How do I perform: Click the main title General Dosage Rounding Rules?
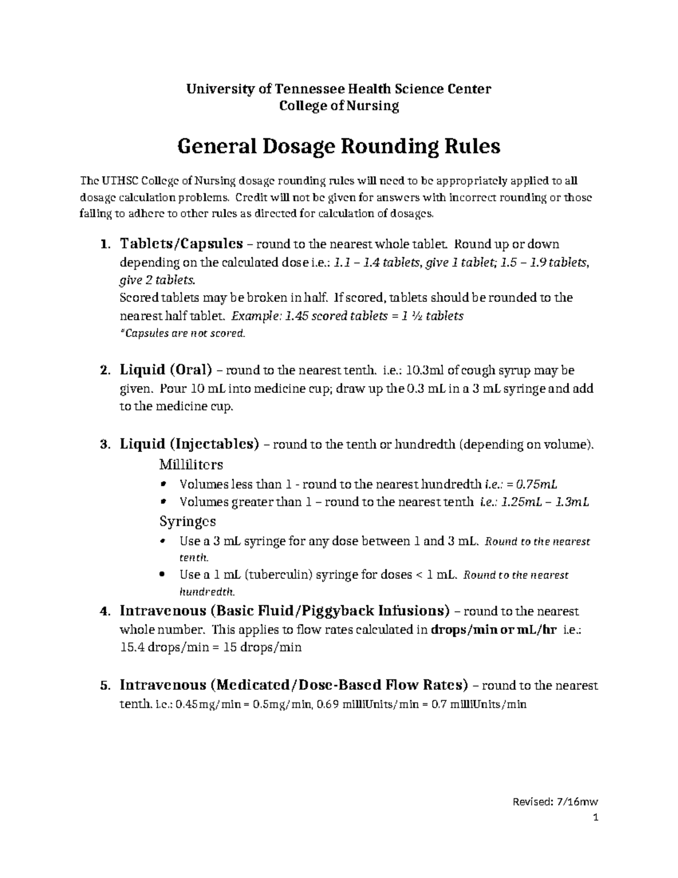point(339,146)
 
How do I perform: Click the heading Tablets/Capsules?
point(181,244)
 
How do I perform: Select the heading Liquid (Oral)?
point(166,370)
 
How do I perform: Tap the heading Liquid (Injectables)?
point(189,444)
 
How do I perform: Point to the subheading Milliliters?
point(191,465)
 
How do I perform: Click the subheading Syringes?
point(188,521)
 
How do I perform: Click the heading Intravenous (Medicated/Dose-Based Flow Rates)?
point(294,686)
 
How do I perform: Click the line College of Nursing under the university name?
point(339,106)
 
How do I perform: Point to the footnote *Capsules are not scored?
point(183,334)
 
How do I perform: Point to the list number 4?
point(103,612)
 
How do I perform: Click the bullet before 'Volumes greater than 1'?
point(164,501)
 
